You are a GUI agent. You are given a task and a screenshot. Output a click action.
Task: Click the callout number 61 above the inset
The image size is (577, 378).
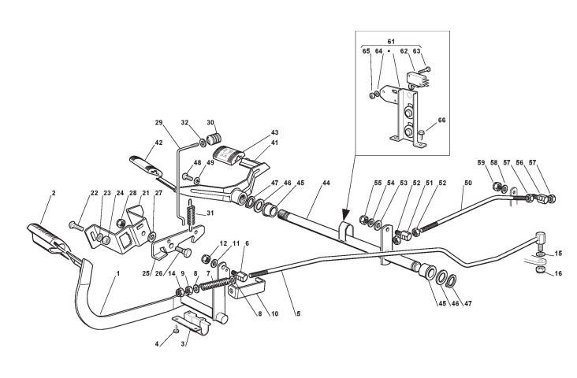391,42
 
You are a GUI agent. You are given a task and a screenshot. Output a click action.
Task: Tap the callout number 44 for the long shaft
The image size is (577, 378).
326,183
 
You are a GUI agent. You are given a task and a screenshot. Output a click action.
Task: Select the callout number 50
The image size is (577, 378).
467,183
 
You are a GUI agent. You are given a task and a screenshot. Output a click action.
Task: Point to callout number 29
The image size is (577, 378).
158,122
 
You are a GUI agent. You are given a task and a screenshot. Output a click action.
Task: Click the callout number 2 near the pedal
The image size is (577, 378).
54,193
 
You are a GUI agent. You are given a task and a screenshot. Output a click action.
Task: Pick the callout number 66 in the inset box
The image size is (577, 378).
441,120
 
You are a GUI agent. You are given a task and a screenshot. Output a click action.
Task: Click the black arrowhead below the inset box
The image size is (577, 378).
345,215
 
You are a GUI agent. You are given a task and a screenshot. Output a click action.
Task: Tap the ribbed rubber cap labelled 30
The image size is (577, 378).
214,139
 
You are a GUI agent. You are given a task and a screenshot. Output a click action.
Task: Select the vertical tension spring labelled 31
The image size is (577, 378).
191,214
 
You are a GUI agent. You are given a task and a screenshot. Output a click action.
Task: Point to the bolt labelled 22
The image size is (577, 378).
76,225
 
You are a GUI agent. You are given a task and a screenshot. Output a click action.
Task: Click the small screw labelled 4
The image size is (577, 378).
176,330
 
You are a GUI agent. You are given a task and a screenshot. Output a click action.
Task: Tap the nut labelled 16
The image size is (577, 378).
538,270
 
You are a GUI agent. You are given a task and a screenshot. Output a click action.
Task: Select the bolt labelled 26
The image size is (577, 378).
183,251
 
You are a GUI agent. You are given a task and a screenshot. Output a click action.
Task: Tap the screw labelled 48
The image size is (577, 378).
188,178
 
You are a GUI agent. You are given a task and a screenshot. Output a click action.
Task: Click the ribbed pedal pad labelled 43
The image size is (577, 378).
227,154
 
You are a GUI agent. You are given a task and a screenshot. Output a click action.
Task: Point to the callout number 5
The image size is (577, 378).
298,313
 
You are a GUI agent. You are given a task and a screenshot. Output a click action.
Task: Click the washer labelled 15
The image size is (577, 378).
538,254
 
